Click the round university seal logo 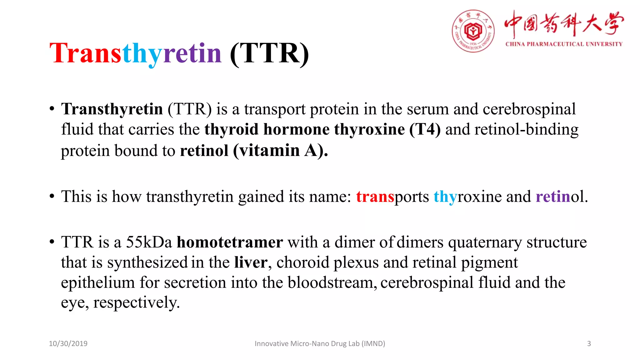tap(473, 31)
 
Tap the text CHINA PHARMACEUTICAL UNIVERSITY tap(564, 44)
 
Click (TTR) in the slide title tap(269, 53)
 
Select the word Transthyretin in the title tap(136, 53)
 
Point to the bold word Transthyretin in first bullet tap(112, 109)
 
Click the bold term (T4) tap(425, 129)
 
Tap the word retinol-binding tap(526, 129)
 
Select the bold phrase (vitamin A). tap(280, 151)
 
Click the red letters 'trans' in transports tap(375, 197)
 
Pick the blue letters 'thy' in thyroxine tap(445, 197)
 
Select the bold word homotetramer tap(230, 242)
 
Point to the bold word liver tap(251, 262)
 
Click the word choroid tap(302, 262)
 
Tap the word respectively tap(136, 302)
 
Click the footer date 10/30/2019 tap(68, 343)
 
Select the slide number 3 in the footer tap(589, 343)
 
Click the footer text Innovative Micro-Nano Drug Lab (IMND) tap(320, 343)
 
